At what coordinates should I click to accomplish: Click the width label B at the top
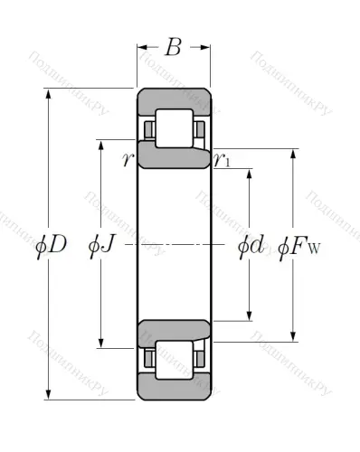[x=173, y=47]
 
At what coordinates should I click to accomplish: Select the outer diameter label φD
[x=52, y=244]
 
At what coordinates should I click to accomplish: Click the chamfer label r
[x=129, y=160]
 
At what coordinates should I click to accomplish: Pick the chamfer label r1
[x=222, y=160]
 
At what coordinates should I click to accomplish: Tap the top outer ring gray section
[x=174, y=98]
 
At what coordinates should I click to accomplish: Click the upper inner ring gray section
[x=174, y=154]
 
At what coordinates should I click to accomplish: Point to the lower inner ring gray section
[x=174, y=332]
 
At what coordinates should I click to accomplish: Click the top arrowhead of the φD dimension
[x=46, y=92]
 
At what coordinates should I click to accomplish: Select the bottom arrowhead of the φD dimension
[x=46, y=394]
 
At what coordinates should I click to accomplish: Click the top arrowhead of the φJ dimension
[x=101, y=145]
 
